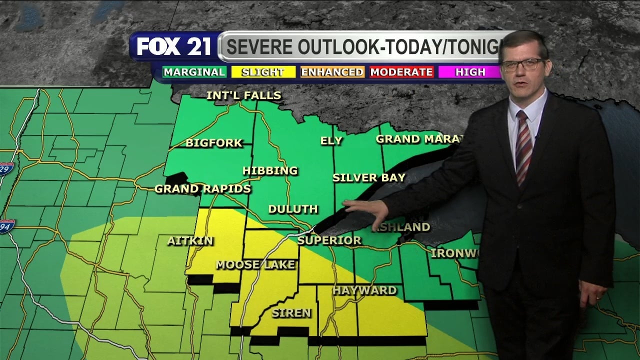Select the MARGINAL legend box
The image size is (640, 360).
point(194,72)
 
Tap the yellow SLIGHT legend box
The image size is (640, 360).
point(263,72)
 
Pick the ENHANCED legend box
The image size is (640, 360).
point(332,72)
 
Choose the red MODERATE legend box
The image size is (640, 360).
point(401,72)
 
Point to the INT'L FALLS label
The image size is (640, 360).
point(244,95)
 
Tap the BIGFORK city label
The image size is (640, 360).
point(214,143)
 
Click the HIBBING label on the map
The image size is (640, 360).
point(270,171)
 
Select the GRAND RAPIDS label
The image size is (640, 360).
point(202,189)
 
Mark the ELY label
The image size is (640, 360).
point(331,141)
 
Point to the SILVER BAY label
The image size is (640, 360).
point(369,177)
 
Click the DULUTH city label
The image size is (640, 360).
point(293,209)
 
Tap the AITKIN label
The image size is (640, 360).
point(190,241)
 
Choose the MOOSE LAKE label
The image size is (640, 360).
point(255,265)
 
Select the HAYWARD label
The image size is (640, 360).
point(365,290)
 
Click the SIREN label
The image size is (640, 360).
point(291,313)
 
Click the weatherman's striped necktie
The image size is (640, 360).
point(523,147)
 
